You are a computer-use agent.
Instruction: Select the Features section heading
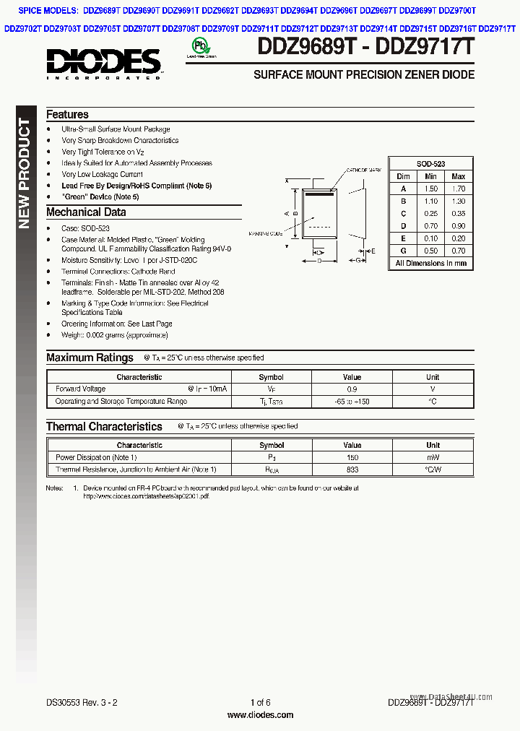[x=67, y=115]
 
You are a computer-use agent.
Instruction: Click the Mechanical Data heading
[x=86, y=212]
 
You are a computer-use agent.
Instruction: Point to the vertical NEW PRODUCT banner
[x=25, y=173]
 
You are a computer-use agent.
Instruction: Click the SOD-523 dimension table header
[x=430, y=164]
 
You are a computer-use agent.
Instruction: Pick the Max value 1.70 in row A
[x=458, y=189]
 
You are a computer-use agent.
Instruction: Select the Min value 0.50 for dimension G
[x=430, y=251]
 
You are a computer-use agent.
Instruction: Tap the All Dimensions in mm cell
[x=430, y=263]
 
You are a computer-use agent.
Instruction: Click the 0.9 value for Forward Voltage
[x=352, y=389]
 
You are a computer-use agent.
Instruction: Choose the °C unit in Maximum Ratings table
[x=432, y=402]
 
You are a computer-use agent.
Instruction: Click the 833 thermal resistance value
[x=352, y=470]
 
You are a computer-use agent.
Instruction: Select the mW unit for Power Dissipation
[x=432, y=457]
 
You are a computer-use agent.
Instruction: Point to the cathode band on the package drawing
[x=320, y=194]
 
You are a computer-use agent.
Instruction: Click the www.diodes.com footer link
[x=260, y=715]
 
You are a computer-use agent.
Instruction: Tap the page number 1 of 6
[x=260, y=703]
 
